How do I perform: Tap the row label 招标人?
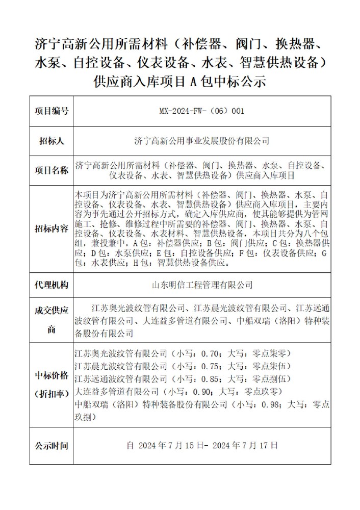(51, 141)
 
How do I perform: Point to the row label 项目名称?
(51, 170)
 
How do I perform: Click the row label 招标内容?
(51, 228)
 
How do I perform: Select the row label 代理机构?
(51, 285)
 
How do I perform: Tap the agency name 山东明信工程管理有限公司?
(203, 285)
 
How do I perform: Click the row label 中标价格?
(51, 376)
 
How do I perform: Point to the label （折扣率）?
(51, 393)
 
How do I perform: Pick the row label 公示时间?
(51, 446)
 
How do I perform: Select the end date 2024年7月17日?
(249, 446)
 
